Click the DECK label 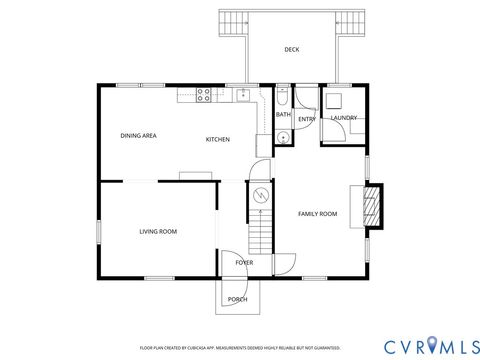coord(291,49)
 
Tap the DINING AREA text coord(138,135)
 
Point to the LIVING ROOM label coord(157,231)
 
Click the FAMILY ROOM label coord(318,214)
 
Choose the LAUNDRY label coord(344,118)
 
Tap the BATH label coord(283,115)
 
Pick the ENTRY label coord(306,119)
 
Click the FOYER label coord(244,262)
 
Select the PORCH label coord(238,299)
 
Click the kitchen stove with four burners coord(204,95)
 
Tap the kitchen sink coord(242,95)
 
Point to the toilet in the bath coord(283,96)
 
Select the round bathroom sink coord(283,137)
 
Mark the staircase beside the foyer coord(260,233)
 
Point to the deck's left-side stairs coord(234,22)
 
